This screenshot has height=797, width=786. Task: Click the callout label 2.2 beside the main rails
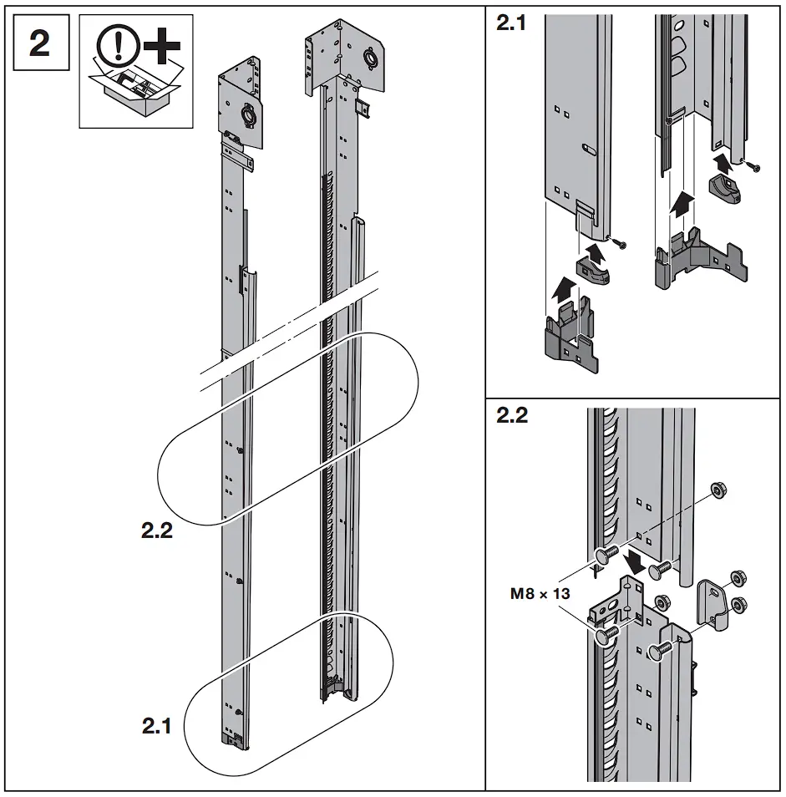coord(157,530)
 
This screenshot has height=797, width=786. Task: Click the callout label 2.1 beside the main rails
coord(156,727)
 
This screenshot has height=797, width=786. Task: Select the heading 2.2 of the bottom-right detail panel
coord(512,416)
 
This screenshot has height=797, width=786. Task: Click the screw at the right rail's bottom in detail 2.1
coord(756,167)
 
